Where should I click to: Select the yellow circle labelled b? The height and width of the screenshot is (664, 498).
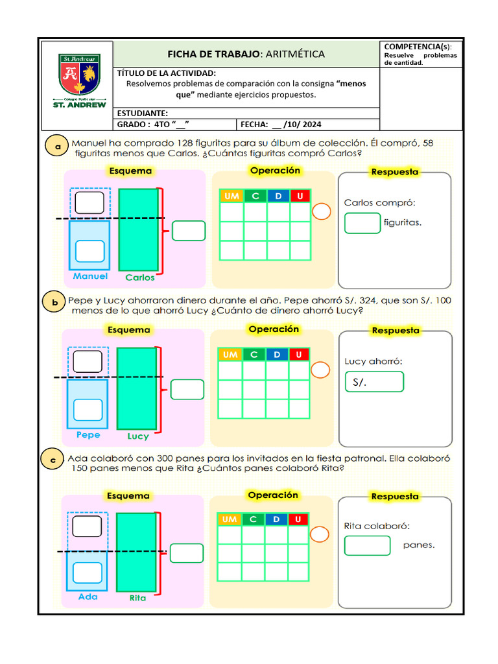(55, 302)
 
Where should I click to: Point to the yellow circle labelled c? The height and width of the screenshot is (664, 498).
(54, 460)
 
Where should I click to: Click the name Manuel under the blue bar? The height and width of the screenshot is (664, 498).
(90, 276)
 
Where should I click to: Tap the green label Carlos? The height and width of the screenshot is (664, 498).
(140, 277)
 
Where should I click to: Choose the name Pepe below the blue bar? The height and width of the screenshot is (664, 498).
(88, 435)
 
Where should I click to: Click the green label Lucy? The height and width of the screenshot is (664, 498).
(138, 436)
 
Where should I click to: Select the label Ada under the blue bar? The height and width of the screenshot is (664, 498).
(88, 597)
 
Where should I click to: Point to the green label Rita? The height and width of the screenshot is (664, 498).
(137, 598)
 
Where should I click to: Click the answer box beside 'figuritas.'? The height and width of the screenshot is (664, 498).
(362, 223)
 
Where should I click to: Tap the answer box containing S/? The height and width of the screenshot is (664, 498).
(374, 382)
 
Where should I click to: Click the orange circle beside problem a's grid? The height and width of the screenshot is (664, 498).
(321, 212)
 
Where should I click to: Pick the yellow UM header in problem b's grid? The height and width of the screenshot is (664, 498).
(230, 355)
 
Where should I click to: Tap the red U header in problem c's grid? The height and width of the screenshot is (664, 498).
(298, 519)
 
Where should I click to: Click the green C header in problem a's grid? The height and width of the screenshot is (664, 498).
(255, 196)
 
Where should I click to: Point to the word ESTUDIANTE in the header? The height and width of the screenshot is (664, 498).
(143, 113)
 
